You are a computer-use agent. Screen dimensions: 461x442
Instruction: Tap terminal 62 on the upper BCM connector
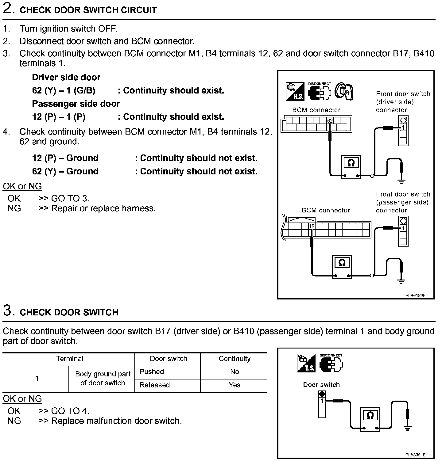click(330, 121)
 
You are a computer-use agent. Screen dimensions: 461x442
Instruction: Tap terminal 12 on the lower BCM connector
click(312, 227)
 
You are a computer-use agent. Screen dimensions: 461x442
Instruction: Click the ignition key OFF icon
click(344, 91)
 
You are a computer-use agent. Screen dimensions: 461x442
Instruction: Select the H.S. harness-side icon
click(295, 91)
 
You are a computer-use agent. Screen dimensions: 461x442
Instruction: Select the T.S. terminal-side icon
click(306, 363)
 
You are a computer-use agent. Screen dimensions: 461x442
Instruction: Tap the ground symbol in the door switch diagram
click(408, 428)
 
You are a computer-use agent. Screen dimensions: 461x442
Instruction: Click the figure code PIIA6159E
click(415, 295)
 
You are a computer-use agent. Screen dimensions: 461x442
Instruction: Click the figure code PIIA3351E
click(415, 455)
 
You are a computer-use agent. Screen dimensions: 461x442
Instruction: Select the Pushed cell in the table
click(152, 372)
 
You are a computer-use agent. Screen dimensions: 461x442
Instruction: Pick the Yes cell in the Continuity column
click(235, 385)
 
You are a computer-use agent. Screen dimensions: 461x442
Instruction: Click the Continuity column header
click(235, 359)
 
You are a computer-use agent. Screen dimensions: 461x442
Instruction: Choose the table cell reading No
click(235, 372)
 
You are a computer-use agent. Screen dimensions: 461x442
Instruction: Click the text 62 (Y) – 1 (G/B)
click(64, 91)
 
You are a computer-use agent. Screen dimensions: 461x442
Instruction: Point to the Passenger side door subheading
click(76, 104)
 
